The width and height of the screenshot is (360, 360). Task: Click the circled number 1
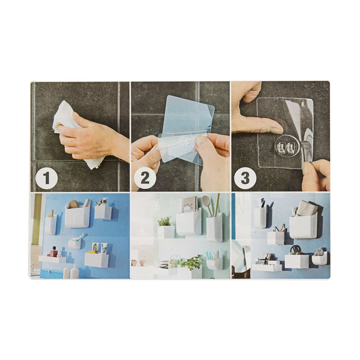(46, 178)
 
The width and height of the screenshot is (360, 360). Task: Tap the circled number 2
(145, 178)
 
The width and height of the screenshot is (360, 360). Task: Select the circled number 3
(245, 178)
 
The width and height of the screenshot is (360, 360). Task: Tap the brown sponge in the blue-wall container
(73, 204)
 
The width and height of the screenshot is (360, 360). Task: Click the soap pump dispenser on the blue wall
(104, 201)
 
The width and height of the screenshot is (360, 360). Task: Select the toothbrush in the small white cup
(78, 238)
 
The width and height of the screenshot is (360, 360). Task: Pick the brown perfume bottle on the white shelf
(54, 252)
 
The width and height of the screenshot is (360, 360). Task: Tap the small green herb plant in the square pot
(165, 221)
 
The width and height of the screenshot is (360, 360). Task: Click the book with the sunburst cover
(188, 205)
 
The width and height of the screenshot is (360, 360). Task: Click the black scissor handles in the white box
(296, 250)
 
